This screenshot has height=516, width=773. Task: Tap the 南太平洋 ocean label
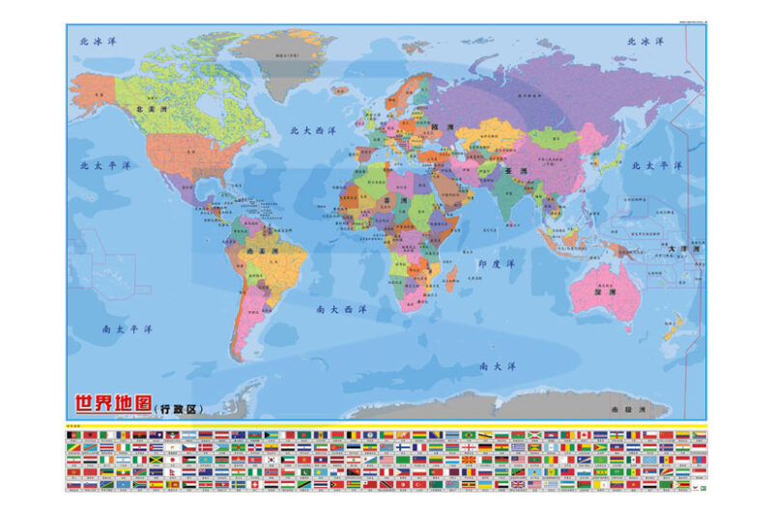(129, 329)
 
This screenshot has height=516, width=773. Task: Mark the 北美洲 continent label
(155, 110)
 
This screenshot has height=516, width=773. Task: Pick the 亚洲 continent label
(515, 170)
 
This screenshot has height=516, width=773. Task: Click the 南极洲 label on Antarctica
(628, 410)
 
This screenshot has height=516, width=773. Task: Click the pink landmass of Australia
(604, 290)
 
